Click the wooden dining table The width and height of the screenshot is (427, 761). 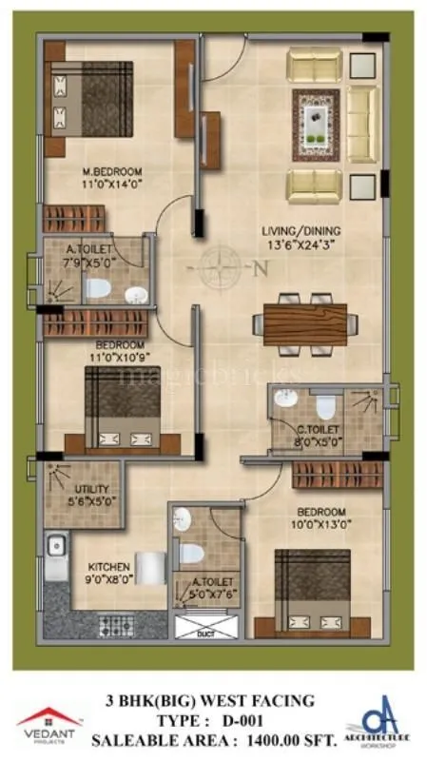[305, 324]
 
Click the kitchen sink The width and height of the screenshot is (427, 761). [56, 545]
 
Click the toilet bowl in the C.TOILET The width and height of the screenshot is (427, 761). [325, 407]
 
